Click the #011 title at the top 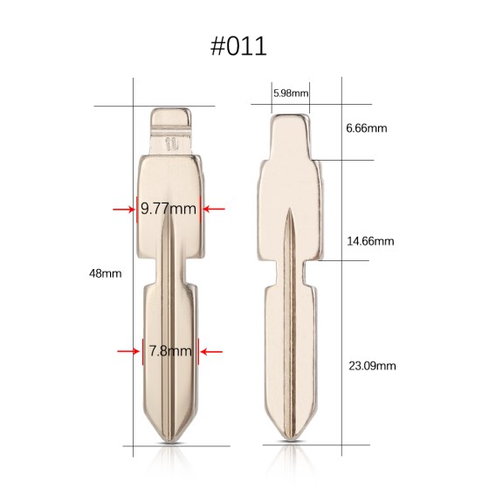[x=244, y=45]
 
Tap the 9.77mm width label [x=169, y=209]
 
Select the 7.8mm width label [x=169, y=351]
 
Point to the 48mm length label [x=105, y=273]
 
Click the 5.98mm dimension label [x=291, y=92]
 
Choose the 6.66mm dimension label [x=366, y=128]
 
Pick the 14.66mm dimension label [x=371, y=240]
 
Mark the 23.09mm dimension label [x=371, y=364]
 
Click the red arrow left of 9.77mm [x=123, y=209]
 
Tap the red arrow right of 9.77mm [x=214, y=209]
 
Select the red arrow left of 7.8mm [x=128, y=351]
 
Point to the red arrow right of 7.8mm [x=210, y=351]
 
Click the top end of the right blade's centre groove [x=289, y=211]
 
